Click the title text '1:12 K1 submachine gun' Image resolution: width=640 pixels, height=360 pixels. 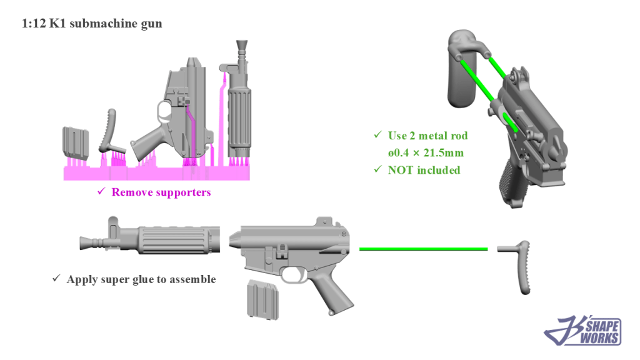tap(92, 24)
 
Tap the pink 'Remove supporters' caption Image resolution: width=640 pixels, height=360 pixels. tap(161, 192)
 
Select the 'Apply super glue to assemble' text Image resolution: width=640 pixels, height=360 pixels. tap(141, 279)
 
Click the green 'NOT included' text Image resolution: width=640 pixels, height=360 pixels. tap(424, 170)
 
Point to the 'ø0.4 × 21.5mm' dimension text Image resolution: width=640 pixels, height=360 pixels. tap(427, 153)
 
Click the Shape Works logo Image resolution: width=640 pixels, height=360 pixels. tap(583, 331)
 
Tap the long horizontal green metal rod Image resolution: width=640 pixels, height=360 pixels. tap(423, 249)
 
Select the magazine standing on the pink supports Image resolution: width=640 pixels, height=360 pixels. tap(74, 143)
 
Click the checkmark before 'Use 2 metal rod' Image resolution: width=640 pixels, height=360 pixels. tap(377, 136)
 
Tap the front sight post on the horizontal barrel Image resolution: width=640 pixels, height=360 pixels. tap(113, 224)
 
